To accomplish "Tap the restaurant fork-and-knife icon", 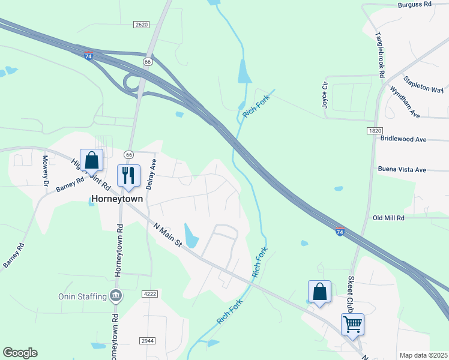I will pyautogui.click(x=128, y=175).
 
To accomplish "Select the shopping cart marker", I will pyautogui.click(x=352, y=325).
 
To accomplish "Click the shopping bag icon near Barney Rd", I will pyautogui.click(x=91, y=160).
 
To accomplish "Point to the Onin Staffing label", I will pyautogui.click(x=82, y=296).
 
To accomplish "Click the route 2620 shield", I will pyautogui.click(x=141, y=24).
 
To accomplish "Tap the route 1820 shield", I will pyautogui.click(x=375, y=130).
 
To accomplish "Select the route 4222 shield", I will pyautogui.click(x=150, y=294).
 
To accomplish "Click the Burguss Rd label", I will pyautogui.click(x=415, y=4).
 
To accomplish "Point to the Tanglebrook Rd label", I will pyautogui.click(x=379, y=55).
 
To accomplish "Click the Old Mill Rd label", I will pyautogui.click(x=389, y=218).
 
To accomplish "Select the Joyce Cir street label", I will pyautogui.click(x=325, y=94).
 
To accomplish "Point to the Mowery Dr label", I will pyautogui.click(x=45, y=171).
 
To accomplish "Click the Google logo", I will pyautogui.click(x=20, y=353).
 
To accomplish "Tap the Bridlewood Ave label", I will pyautogui.click(x=403, y=139).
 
